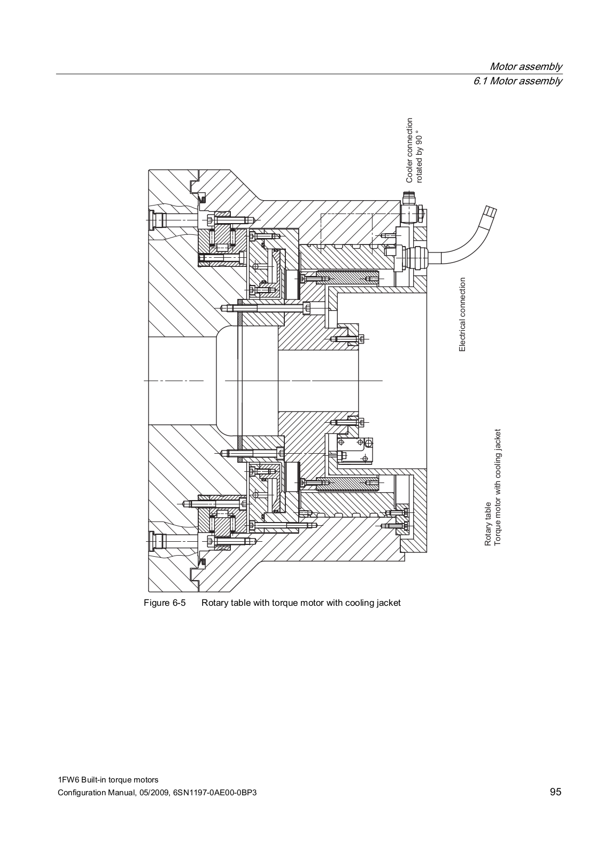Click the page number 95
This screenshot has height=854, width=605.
pyautogui.click(x=555, y=792)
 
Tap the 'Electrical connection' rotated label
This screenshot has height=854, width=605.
pyautogui.click(x=463, y=314)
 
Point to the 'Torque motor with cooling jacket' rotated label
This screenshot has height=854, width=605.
pyautogui.click(x=498, y=487)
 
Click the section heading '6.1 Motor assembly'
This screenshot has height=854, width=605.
pyautogui.click(x=517, y=81)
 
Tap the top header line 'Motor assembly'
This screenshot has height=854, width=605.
pyautogui.click(x=525, y=67)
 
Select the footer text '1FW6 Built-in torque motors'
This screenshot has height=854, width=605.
pyautogui.click(x=108, y=780)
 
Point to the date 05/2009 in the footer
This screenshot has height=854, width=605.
pyautogui.click(x=153, y=793)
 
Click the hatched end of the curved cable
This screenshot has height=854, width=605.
pyautogui.click(x=488, y=212)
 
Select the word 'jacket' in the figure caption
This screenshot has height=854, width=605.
pyautogui.click(x=389, y=603)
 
